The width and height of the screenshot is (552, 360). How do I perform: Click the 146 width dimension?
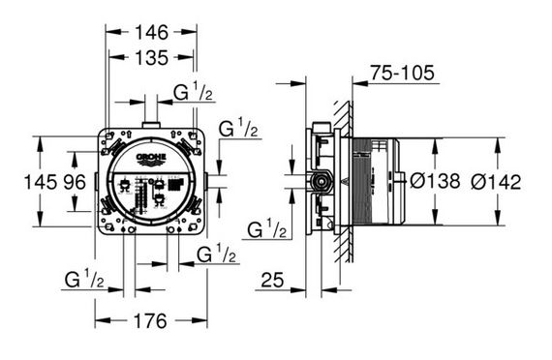[x=152, y=33]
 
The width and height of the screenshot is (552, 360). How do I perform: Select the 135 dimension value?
[x=152, y=58]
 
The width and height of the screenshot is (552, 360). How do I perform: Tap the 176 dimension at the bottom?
[x=150, y=321]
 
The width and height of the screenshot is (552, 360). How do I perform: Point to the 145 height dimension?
[x=40, y=182]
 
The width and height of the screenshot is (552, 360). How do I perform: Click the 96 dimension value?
[x=75, y=182]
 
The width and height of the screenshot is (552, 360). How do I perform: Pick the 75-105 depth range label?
[x=403, y=74]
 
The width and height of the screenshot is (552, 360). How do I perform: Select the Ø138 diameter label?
[x=435, y=181]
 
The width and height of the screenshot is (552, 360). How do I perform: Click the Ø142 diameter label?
[x=496, y=182]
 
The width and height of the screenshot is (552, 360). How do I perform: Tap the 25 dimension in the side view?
[x=272, y=280]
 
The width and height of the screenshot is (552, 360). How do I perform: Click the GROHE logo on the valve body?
[x=151, y=159]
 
